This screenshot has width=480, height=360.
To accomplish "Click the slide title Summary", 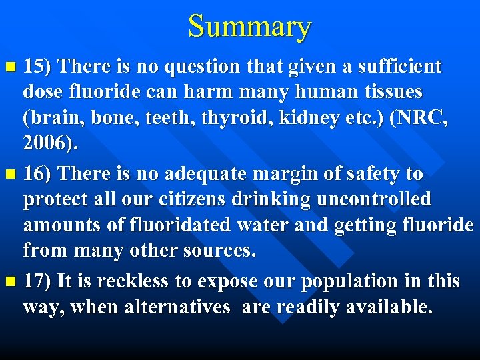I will click(x=249, y=27).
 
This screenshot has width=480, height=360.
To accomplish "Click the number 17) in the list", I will click(x=38, y=281).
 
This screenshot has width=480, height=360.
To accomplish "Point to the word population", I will click(x=351, y=281).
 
